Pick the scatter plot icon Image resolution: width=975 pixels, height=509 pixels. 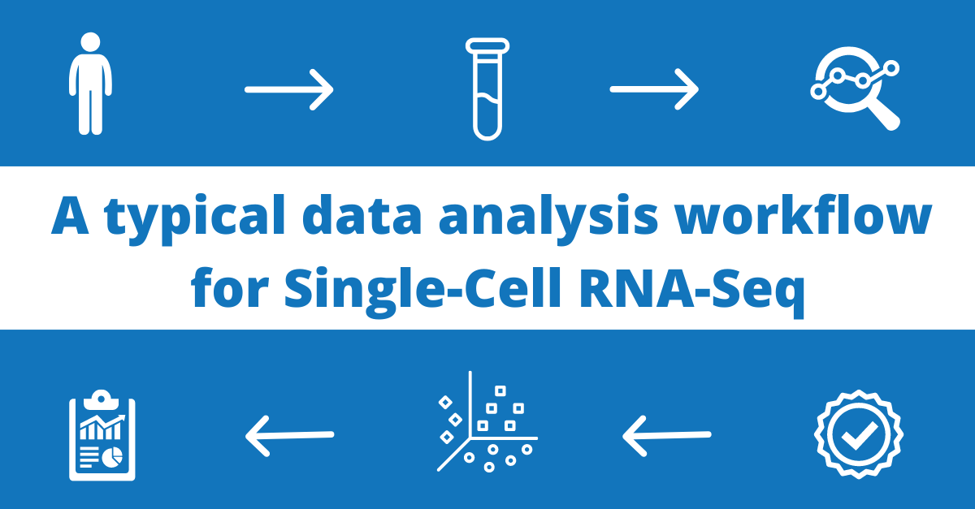486,422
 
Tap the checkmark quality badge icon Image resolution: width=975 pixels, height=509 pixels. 858,435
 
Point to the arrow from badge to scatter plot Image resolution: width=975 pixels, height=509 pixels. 666,435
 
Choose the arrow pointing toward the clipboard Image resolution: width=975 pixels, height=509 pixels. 289,435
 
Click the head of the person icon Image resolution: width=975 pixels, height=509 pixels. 90,42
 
